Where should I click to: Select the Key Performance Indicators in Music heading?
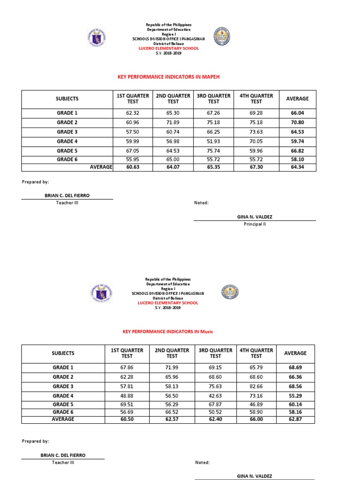pyautogui.click(x=167, y=331)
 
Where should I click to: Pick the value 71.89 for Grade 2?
pyautogui.click(x=173, y=122)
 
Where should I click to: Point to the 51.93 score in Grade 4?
pyautogui.click(x=213, y=141)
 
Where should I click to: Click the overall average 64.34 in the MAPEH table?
pyautogui.click(x=297, y=167)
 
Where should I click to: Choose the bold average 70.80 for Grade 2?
pyautogui.click(x=297, y=122)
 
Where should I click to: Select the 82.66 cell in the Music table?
pyautogui.click(x=256, y=386)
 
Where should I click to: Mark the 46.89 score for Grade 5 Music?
pyautogui.click(x=256, y=404)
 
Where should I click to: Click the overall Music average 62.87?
pyautogui.click(x=295, y=419)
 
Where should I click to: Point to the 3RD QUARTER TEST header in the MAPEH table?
pyautogui.click(x=213, y=98)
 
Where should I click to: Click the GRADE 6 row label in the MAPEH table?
pyautogui.click(x=67, y=160)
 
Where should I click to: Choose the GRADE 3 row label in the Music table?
pyautogui.click(x=63, y=386)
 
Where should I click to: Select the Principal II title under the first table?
pyautogui.click(x=255, y=224)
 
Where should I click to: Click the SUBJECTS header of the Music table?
pyautogui.click(x=63, y=353)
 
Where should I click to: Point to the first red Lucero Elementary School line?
pyautogui.click(x=168, y=48)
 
